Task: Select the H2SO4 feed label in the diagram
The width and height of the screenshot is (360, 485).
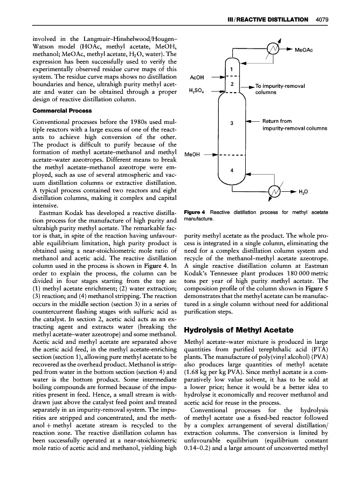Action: tap(195, 92)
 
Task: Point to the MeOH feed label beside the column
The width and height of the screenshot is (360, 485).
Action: tap(193, 154)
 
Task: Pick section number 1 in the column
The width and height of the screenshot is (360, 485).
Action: tap(231, 69)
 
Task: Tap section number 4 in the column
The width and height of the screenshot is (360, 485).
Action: tap(231, 170)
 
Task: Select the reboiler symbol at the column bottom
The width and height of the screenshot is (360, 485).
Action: tap(276, 191)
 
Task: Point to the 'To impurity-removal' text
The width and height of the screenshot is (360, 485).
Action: tap(280, 86)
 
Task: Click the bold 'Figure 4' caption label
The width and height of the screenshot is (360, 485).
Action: tap(196, 212)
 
